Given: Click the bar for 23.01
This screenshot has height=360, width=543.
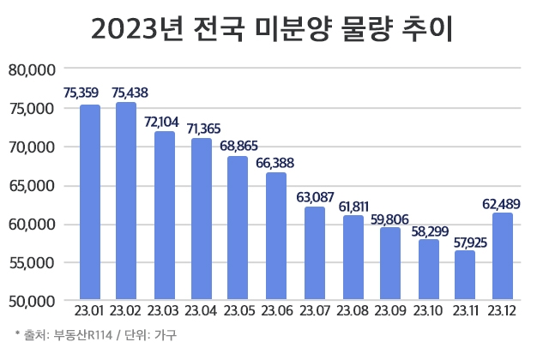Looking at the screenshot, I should (x=90, y=203).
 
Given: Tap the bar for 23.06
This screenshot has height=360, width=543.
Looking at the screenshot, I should (x=276, y=237).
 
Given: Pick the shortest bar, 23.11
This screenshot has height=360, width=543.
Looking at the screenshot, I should (x=464, y=275).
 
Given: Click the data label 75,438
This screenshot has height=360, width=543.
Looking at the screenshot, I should (x=127, y=92).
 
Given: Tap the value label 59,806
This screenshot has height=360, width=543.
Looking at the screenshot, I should (x=389, y=217).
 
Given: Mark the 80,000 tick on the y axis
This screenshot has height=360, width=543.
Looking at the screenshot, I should (x=32, y=69).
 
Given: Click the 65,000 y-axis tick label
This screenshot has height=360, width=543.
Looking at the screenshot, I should (x=32, y=185).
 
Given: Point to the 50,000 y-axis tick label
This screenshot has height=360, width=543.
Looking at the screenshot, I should (x=32, y=302).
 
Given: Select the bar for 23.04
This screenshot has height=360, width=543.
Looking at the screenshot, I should (x=202, y=220).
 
